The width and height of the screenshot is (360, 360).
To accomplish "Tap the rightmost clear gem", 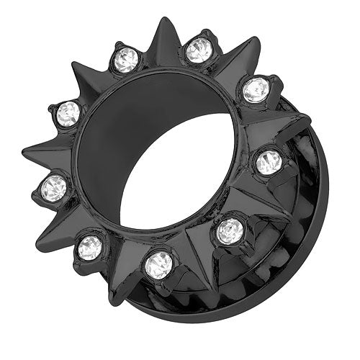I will (269, 161).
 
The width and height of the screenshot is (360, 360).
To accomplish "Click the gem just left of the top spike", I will (126, 60).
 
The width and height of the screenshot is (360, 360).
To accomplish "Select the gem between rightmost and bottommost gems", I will (230, 230).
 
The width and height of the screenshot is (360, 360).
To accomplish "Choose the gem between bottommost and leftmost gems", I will (91, 247).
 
